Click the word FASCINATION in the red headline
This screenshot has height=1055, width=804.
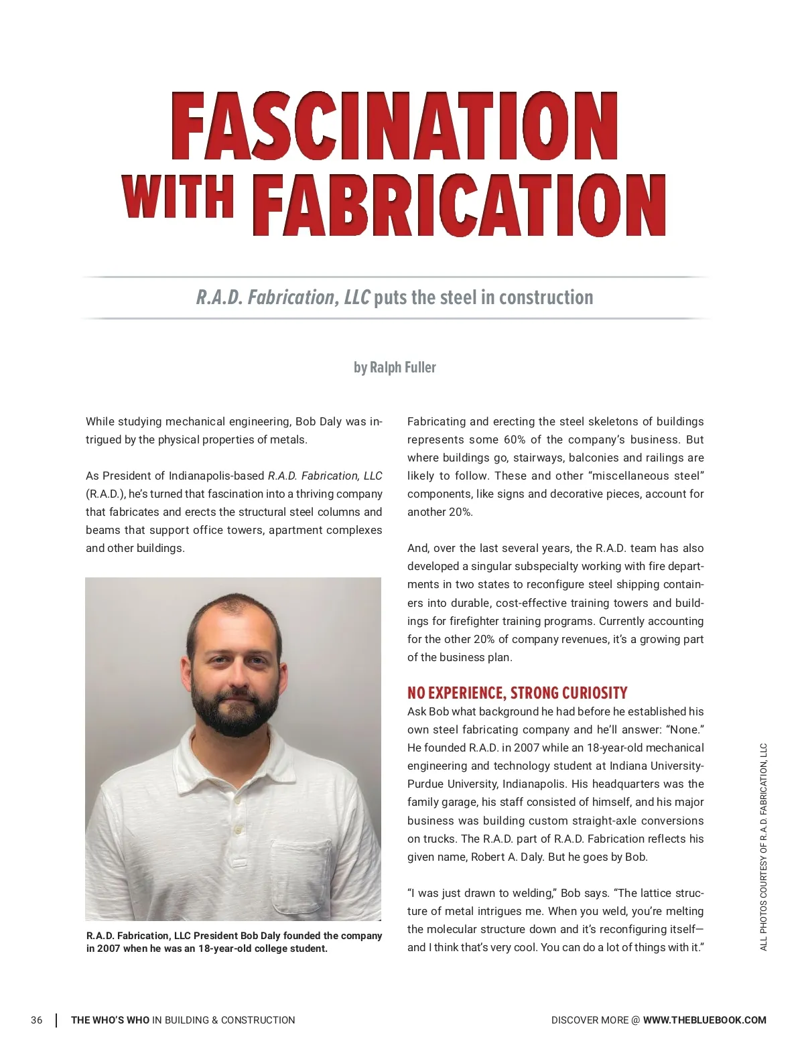[395, 127]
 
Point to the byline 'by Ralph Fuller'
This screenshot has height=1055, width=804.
[395, 367]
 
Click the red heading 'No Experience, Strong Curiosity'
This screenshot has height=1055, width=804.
[517, 693]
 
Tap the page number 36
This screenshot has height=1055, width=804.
[36, 1020]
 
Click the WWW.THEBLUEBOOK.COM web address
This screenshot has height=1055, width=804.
[704, 1020]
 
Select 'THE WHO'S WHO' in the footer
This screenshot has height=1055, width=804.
[111, 1020]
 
